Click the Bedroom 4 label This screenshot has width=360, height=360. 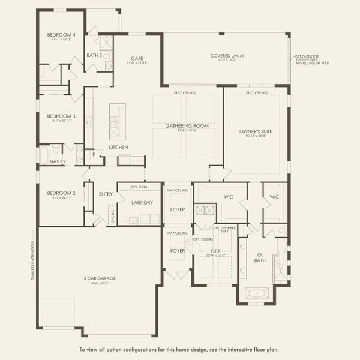coord(61,35)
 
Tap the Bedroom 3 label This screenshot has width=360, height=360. coord(61,116)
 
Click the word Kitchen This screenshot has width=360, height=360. coord(118,147)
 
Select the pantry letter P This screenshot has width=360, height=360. coord(94,154)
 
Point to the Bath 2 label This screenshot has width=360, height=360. coord(58,161)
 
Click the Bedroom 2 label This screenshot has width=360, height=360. coord(61,193)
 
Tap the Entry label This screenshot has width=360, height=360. coord(106,194)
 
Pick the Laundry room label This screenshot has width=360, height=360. coord(142,203)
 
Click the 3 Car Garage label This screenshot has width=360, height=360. coord(100,278)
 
